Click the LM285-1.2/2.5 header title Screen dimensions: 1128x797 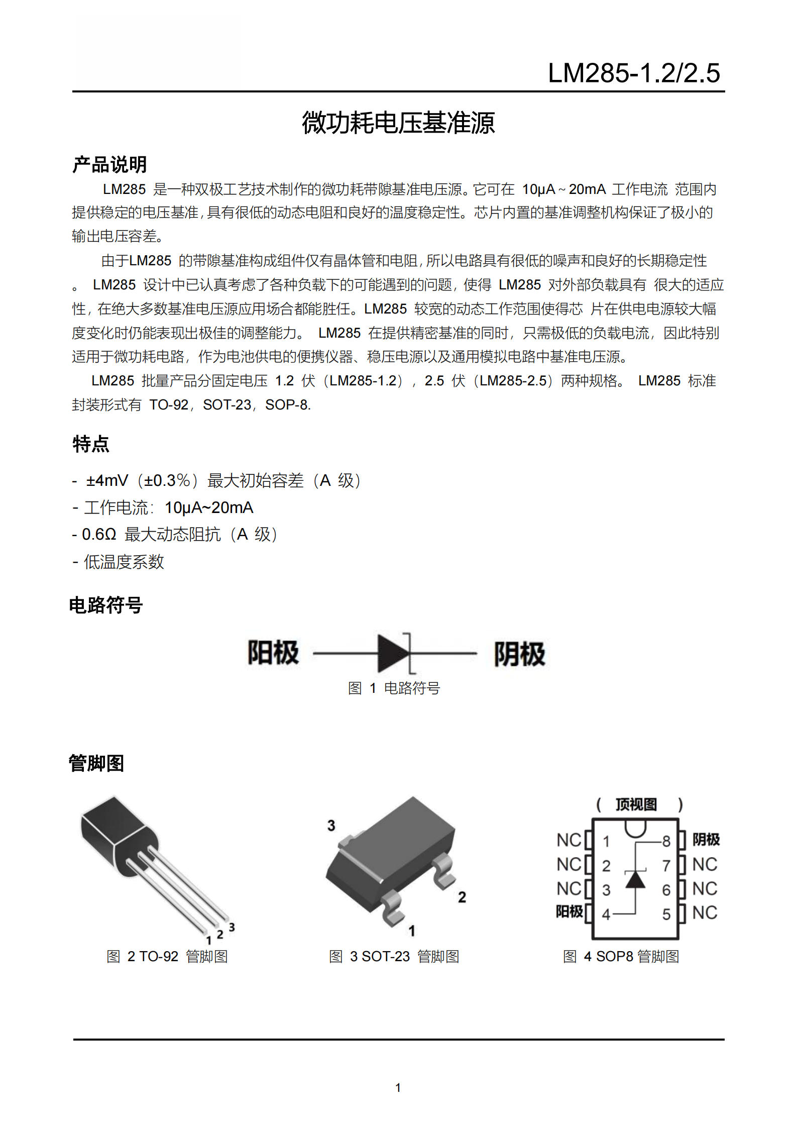[634, 73]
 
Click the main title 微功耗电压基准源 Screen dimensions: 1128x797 [398, 123]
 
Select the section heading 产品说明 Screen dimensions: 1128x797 [109, 164]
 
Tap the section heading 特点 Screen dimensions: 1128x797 [91, 444]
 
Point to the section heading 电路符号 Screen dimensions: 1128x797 [106, 605]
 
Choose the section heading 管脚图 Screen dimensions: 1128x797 [96, 763]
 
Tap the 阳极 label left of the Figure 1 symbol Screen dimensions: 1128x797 [273, 653]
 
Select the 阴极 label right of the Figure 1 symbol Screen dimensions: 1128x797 [519, 654]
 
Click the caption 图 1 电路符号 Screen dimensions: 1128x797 [394, 688]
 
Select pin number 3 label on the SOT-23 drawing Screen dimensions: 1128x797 [331, 826]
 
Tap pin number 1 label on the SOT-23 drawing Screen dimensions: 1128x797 [412, 931]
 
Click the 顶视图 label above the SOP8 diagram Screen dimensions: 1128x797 [636, 804]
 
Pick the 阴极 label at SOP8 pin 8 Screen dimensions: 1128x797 [706, 839]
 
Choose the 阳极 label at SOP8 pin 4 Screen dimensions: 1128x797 [569, 911]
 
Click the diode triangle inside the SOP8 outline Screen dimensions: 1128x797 [635, 879]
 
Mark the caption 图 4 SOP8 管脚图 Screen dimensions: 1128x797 [621, 956]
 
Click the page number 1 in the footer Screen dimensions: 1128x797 [398, 1088]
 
